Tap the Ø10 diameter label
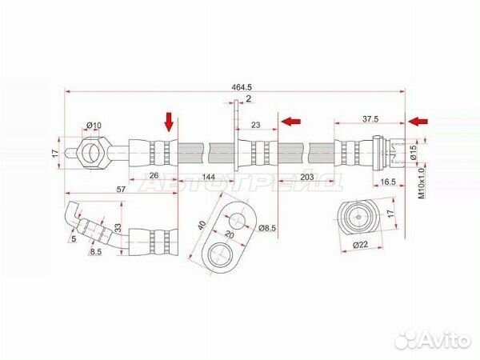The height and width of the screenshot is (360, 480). tap(94, 126)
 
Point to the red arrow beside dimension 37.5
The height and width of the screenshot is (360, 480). tap(417, 121)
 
